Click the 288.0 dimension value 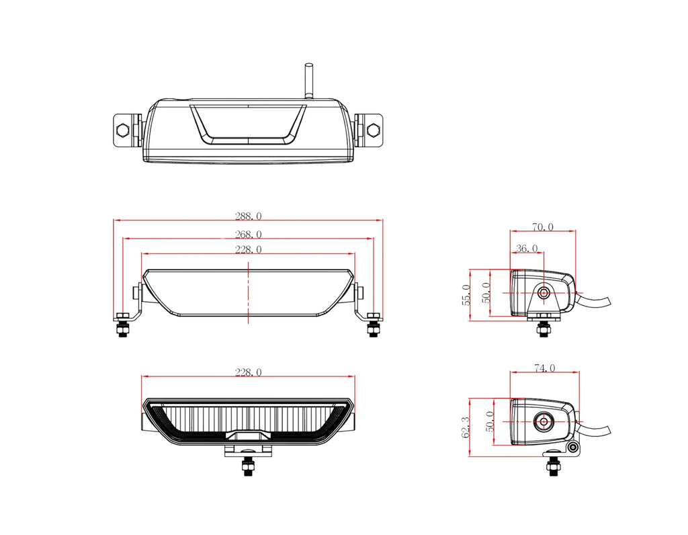click(249, 216)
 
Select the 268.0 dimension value click(249, 235)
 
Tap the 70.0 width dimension click(543, 227)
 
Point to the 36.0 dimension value click(527, 249)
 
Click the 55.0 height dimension click(466, 295)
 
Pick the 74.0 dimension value click(544, 368)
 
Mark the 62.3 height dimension click(466, 427)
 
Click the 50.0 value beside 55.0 click(486, 293)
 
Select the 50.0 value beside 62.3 click(490, 421)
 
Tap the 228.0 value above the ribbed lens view click(249, 372)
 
